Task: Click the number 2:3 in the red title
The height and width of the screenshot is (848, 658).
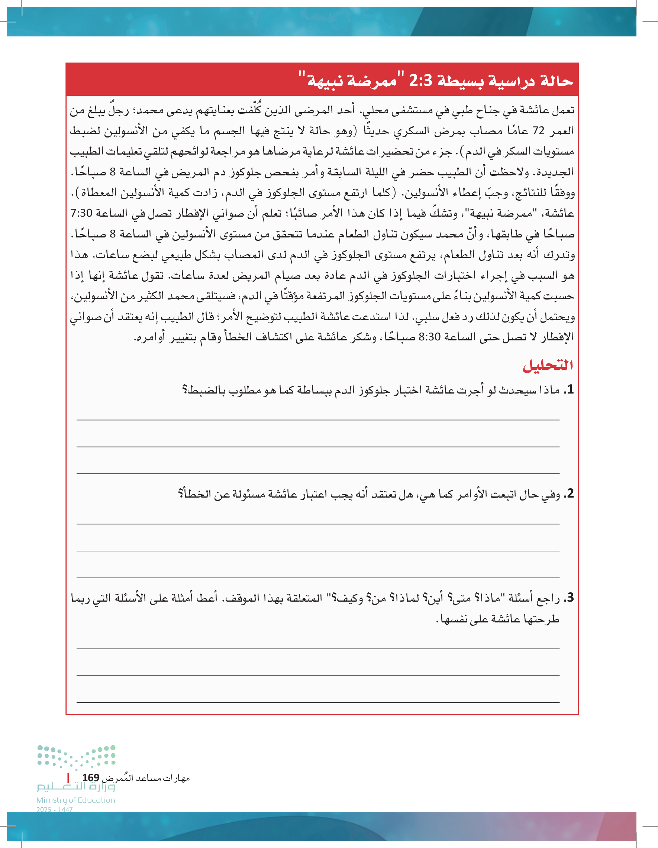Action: (x=420, y=80)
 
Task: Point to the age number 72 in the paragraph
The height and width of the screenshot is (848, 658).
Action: (x=538, y=131)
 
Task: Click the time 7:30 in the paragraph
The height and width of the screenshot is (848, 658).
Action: (x=81, y=213)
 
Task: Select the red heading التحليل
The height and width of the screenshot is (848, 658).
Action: (x=548, y=365)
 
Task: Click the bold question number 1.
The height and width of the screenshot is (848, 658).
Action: (x=569, y=390)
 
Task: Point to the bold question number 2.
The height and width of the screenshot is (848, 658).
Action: (x=569, y=494)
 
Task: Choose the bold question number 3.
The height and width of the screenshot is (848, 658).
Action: (x=569, y=598)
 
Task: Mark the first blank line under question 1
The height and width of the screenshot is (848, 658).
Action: (x=318, y=420)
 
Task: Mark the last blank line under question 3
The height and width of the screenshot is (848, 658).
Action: (x=318, y=702)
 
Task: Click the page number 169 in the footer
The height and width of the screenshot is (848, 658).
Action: (x=91, y=778)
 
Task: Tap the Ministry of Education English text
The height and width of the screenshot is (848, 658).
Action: (x=76, y=800)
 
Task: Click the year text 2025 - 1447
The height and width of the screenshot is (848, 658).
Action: (x=54, y=810)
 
